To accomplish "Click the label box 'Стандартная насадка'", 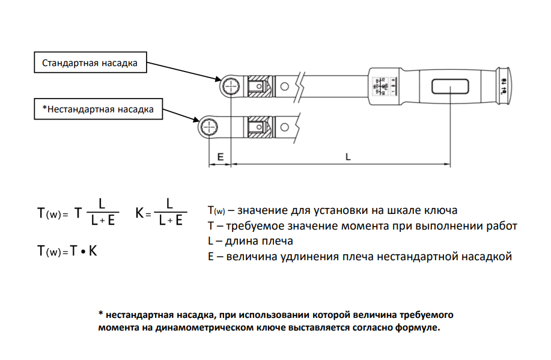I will [90, 63].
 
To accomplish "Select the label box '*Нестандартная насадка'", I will [98, 109].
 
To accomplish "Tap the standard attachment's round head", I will [230, 88].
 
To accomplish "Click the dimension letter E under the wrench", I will [220, 156].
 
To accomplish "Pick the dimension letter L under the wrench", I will [348, 156].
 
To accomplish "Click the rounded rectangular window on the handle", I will [450, 87].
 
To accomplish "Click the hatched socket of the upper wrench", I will [259, 89].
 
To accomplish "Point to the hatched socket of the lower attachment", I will [259, 127].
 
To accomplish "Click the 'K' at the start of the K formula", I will [139, 213].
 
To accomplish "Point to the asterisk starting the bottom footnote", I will [101, 314].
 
